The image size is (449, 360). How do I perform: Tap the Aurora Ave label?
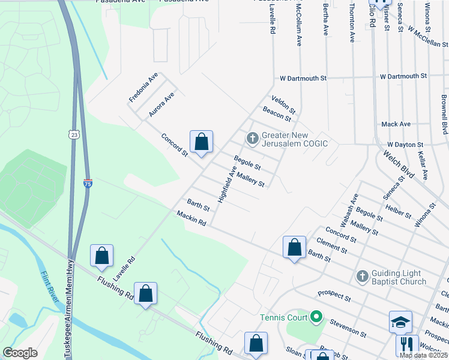click(161, 104)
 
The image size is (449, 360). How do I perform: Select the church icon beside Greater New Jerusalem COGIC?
click(253, 139)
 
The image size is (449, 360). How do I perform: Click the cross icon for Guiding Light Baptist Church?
click(362, 276)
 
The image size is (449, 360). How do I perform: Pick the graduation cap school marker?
click(400, 322)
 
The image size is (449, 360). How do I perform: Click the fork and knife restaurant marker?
click(406, 344)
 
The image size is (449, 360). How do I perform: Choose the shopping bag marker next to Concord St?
click(202, 142)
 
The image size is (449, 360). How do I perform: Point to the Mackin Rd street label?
click(191, 218)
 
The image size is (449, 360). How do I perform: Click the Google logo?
click(20, 353)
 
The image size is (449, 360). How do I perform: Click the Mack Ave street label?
click(396, 124)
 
